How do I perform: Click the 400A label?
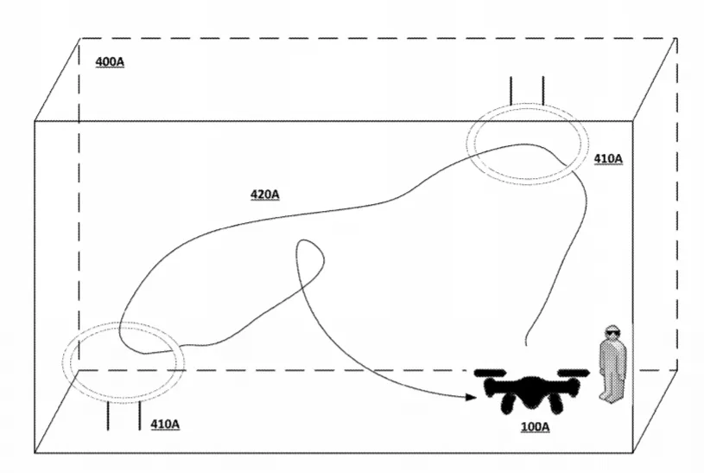tap(110, 61)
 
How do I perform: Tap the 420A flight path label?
tap(264, 195)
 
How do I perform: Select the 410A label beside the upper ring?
tap(608, 159)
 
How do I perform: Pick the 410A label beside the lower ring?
tap(165, 424)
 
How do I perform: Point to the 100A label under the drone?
tap(535, 426)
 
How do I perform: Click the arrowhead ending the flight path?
tap(472, 397)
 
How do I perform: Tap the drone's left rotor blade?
tap(491, 373)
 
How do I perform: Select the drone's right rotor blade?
tap(574, 373)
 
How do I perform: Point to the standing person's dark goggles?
tap(612, 333)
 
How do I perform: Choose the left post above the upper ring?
tap(511, 91)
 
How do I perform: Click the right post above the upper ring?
tap(543, 91)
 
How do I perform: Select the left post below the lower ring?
tap(108, 415)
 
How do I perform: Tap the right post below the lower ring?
tap(140, 415)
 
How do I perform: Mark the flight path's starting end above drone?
tap(526, 345)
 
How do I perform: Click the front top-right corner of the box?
tap(632, 121)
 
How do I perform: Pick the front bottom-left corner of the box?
tap(35, 452)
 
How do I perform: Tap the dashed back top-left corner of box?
tap(79, 39)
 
